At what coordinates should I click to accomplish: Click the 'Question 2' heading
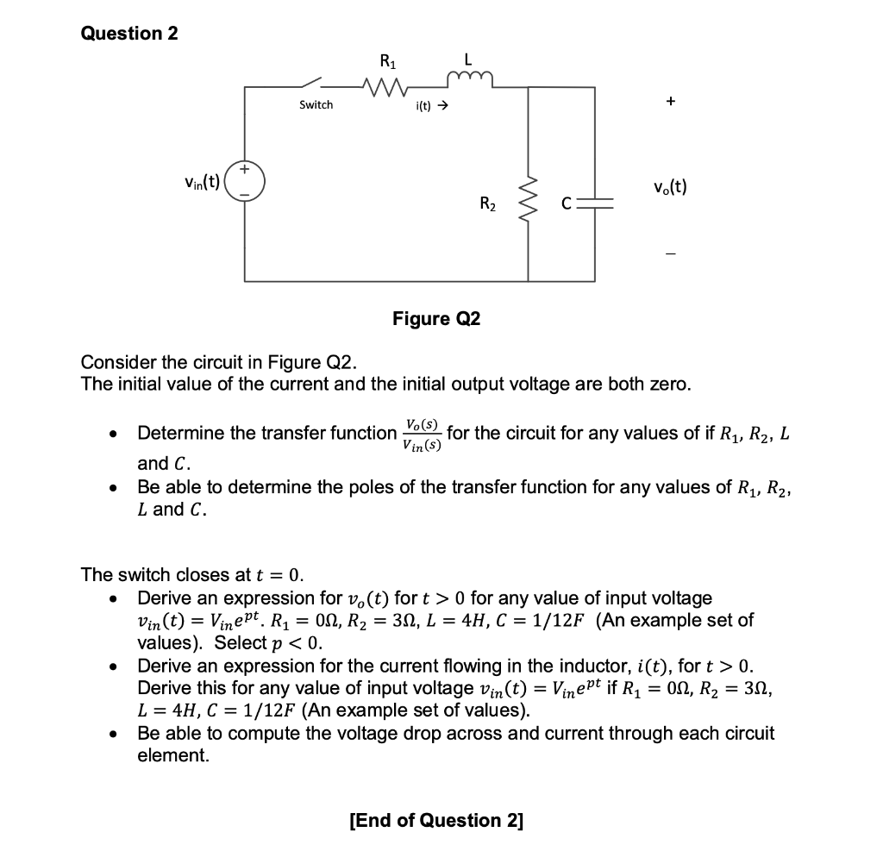pyautogui.click(x=129, y=34)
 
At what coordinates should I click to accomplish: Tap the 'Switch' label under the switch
pyautogui.click(x=316, y=104)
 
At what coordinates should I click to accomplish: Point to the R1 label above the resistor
pyautogui.click(x=387, y=61)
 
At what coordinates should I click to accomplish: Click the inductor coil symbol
pyautogui.click(x=467, y=81)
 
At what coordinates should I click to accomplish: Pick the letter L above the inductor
pyautogui.click(x=467, y=60)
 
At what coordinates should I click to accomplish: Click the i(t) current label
pyautogui.click(x=431, y=106)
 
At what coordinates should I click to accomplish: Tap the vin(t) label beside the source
pyautogui.click(x=203, y=184)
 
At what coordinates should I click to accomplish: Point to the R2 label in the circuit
pyautogui.click(x=487, y=204)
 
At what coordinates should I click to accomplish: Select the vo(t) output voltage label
pyautogui.click(x=670, y=185)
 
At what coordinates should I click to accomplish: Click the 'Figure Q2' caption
pyautogui.click(x=436, y=319)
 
